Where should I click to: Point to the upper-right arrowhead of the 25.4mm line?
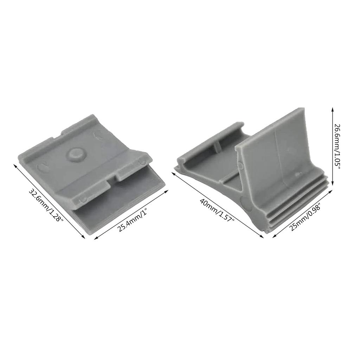(168, 191)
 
